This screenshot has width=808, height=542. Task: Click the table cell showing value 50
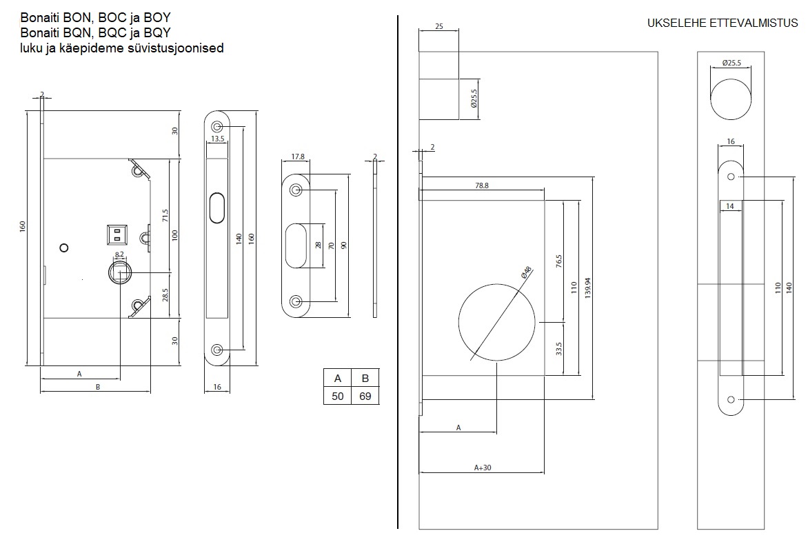[x=338, y=396]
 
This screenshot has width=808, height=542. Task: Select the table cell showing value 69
[x=365, y=396]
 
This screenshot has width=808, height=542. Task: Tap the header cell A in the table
[x=338, y=378]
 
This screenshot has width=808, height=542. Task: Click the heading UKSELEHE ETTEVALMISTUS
[x=723, y=23]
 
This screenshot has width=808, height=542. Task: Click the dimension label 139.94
[x=586, y=288]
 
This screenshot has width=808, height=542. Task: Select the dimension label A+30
[x=483, y=467]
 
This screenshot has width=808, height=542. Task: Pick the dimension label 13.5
[x=218, y=139]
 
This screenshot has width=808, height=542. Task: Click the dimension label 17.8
[x=298, y=157]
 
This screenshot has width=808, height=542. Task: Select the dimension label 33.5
[x=558, y=348]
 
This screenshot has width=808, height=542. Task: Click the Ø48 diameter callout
[x=526, y=272]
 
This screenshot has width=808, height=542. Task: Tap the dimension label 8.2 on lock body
[x=119, y=254]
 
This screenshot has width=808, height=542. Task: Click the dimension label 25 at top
[x=439, y=26]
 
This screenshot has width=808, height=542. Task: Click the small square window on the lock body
[x=117, y=234]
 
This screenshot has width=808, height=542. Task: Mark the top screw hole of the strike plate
[x=296, y=190]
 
